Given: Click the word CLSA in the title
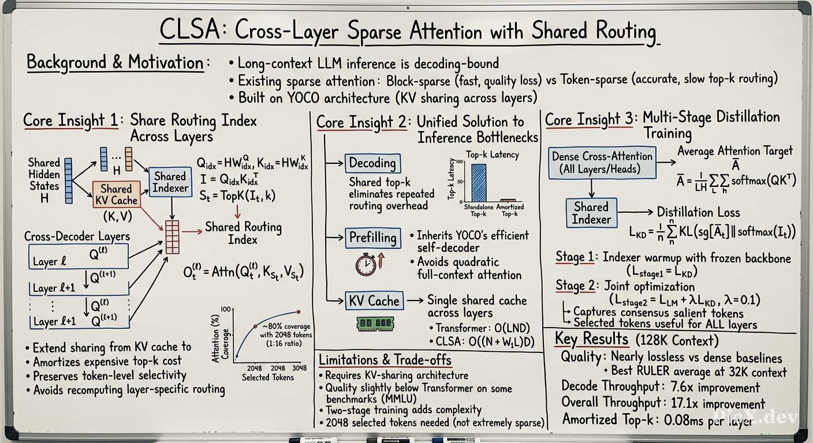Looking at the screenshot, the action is [190, 31].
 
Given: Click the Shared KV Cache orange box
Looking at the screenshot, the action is [117, 194].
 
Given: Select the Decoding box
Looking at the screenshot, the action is [372, 163].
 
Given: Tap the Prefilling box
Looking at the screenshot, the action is [373, 238].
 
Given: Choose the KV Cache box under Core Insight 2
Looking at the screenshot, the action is [374, 301].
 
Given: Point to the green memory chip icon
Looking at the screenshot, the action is [375, 324].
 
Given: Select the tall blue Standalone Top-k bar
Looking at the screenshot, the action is [479, 183].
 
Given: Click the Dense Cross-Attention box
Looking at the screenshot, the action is [602, 163].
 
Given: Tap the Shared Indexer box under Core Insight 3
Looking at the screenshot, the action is [591, 213].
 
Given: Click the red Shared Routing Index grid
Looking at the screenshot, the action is [173, 237].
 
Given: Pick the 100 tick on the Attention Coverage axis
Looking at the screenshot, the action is [225, 309].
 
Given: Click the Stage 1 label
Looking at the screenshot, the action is [575, 257].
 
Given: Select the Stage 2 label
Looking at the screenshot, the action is [575, 286].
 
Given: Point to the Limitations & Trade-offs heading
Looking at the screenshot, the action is [385, 360].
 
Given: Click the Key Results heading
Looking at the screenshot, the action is [592, 339].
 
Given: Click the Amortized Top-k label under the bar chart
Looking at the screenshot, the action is [510, 211].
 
